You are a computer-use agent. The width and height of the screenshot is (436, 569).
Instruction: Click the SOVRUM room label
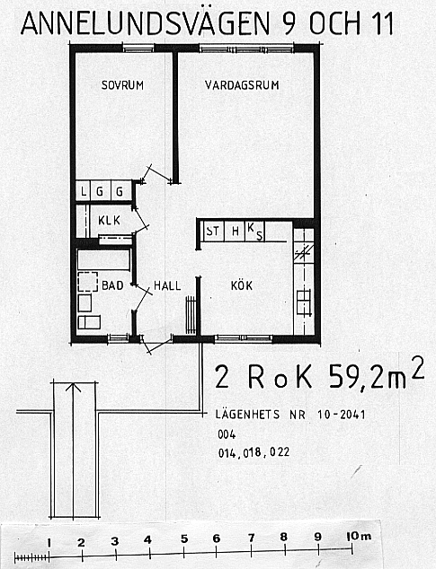tap(122, 85)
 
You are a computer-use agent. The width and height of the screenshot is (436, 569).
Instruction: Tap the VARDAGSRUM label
tap(242, 85)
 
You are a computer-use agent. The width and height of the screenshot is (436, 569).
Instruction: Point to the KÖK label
tap(242, 285)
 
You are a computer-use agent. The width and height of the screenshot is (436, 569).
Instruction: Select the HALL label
tap(167, 285)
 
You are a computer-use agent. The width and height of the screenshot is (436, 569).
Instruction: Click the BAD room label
tap(112, 285)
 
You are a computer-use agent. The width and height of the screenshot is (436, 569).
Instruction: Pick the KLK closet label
tap(109, 220)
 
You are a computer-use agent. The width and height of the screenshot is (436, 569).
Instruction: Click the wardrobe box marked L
tap(84, 190)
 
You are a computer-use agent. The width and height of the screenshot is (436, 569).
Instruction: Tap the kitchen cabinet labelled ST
tap(213, 232)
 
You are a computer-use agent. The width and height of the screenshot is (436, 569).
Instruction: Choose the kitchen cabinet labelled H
tap(235, 232)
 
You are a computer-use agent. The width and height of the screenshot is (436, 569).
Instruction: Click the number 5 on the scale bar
tap(184, 539)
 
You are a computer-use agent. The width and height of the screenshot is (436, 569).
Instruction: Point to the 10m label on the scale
tap(359, 536)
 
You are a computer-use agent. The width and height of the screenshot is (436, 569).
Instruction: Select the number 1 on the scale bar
tap(49, 543)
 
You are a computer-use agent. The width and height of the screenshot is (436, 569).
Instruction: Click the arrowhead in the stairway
tap(74, 387)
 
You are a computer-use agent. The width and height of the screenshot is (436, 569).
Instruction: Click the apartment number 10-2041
tap(341, 415)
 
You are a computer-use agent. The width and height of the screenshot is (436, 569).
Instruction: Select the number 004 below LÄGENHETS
tap(227, 434)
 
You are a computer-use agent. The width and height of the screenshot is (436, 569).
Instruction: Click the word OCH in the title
tap(334, 23)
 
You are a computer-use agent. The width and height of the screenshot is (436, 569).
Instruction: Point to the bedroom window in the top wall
tap(138, 48)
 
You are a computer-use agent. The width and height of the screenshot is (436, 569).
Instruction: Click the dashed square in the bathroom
tap(87, 282)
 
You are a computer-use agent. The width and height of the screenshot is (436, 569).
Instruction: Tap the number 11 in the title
tap(383, 23)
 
